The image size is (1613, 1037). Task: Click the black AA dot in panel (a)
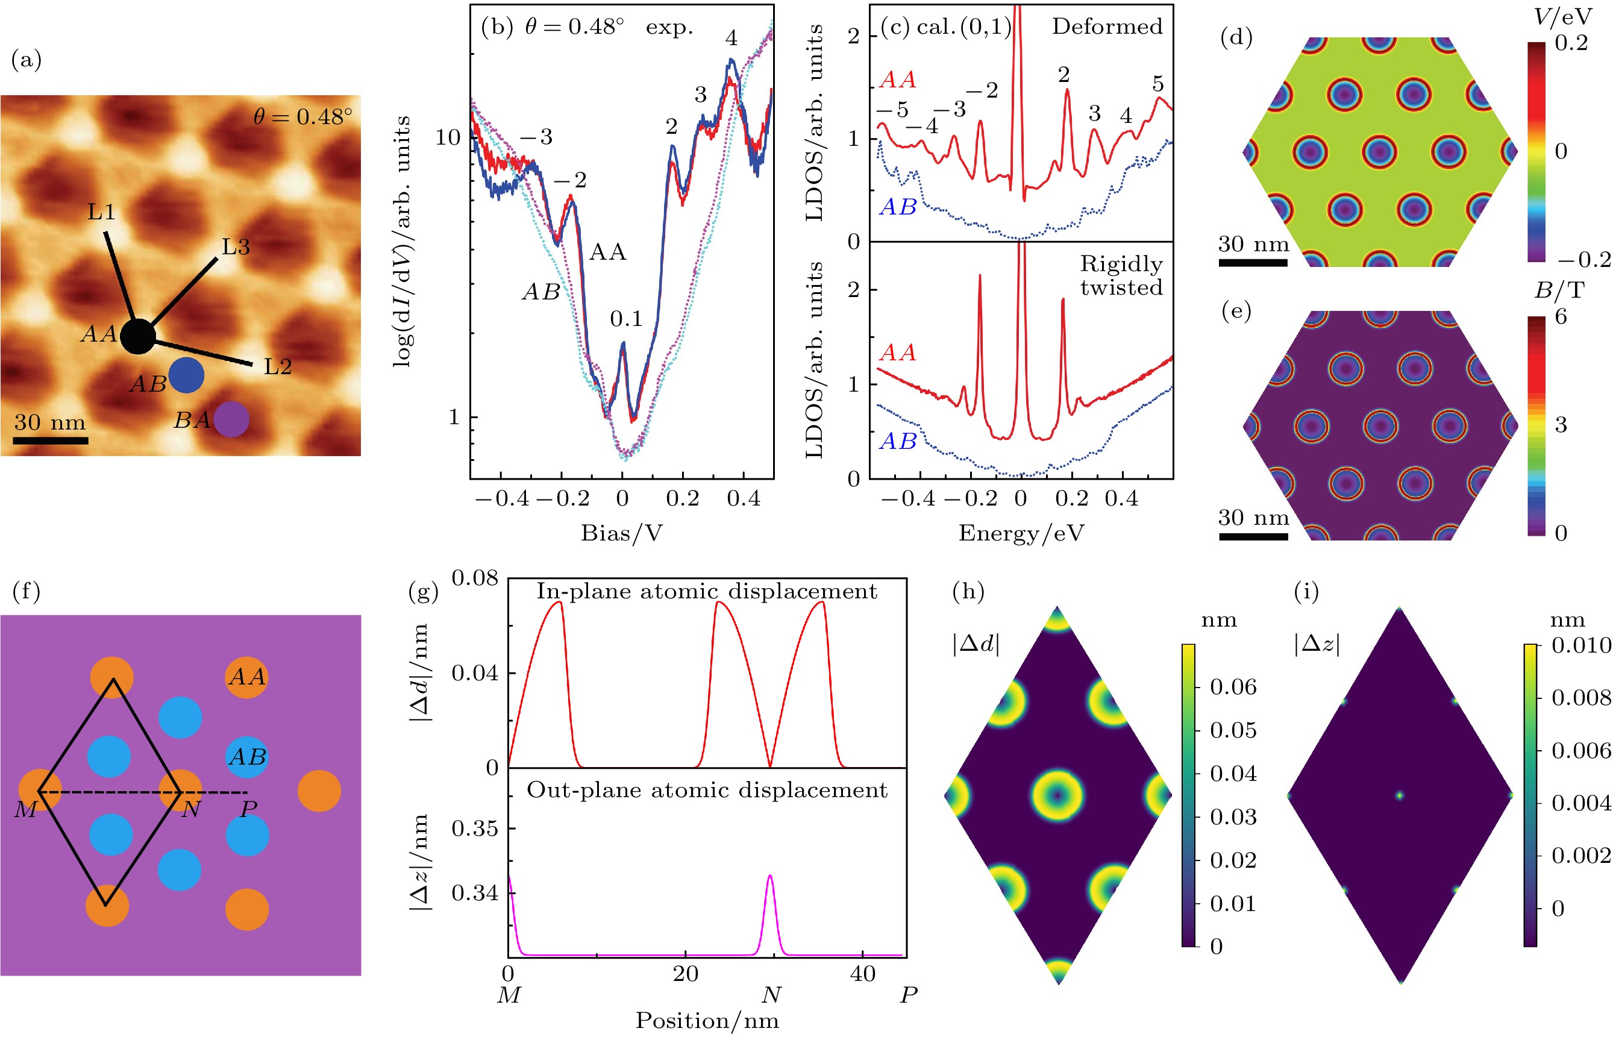click(138, 337)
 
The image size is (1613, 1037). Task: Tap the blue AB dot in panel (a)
click(186, 375)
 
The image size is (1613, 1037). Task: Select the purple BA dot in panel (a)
click(231, 419)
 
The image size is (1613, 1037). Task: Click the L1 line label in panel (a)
click(102, 212)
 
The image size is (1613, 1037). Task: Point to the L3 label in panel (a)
click(236, 247)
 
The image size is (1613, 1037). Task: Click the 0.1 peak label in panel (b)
click(626, 319)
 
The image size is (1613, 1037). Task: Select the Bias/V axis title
click(621, 533)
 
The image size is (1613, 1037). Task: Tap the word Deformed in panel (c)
click(1107, 27)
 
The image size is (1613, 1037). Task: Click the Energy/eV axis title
click(1021, 533)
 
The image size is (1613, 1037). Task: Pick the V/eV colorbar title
click(1561, 17)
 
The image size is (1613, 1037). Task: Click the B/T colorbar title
click(1559, 290)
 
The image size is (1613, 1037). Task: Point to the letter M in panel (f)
click(25, 809)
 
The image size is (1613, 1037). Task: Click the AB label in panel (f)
click(247, 757)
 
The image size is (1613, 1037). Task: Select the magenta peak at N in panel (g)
click(769, 877)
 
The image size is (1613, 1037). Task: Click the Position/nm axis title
click(707, 1021)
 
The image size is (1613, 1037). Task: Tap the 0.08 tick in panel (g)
click(475, 578)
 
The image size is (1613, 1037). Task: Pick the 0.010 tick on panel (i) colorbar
click(1580, 645)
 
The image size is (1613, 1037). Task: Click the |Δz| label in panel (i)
click(1316, 644)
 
